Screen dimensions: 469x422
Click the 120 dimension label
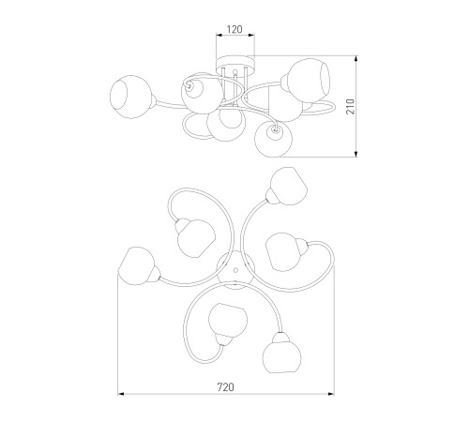pyautogui.click(x=234, y=29)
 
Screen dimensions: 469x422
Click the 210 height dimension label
pyautogui.click(x=351, y=106)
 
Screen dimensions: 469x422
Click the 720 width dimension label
pyautogui.click(x=226, y=387)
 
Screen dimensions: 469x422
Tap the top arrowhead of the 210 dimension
pyautogui.click(x=356, y=59)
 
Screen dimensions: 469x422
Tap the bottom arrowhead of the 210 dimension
pyautogui.click(x=356, y=154)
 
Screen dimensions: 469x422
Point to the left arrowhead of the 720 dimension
pyautogui.click(x=121, y=394)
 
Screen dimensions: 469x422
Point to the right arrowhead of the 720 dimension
pyautogui.click(x=331, y=394)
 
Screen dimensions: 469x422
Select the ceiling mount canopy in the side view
pyautogui.click(x=235, y=63)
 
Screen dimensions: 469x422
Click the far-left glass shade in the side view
pyautogui.click(x=131, y=97)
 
